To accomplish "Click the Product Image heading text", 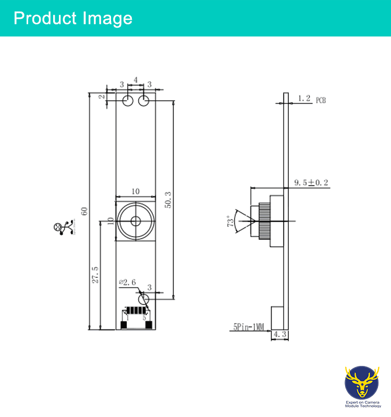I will coord(73,18).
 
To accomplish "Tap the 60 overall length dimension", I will coord(84,211).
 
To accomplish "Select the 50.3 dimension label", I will coord(167,199).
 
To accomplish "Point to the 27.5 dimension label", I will coord(95,275).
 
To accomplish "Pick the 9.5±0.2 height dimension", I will coord(311,182).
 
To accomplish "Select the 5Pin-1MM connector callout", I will coord(249,328).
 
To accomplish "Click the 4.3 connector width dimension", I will coord(280,335).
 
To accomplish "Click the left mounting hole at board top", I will coord(128,101).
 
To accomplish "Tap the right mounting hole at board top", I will coord(144,101).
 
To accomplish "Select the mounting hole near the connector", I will coord(144,299).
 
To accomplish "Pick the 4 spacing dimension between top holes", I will coord(136,80).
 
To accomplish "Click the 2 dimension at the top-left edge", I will coord(102,96).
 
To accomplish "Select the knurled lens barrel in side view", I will coord(264,220).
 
